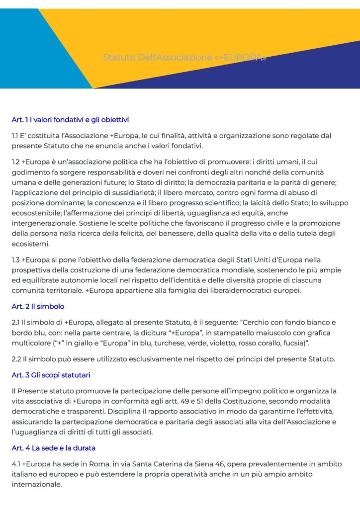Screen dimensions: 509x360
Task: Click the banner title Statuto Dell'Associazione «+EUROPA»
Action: (184, 57)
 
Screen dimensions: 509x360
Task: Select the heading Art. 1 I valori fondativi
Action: (70, 120)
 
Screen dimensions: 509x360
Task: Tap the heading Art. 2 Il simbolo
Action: (38, 306)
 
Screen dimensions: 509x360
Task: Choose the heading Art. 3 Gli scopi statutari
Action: (51, 374)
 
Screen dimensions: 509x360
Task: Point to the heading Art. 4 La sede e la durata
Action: (53, 448)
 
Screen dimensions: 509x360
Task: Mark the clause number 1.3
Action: (16, 260)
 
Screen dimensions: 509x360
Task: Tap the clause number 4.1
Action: (16, 464)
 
